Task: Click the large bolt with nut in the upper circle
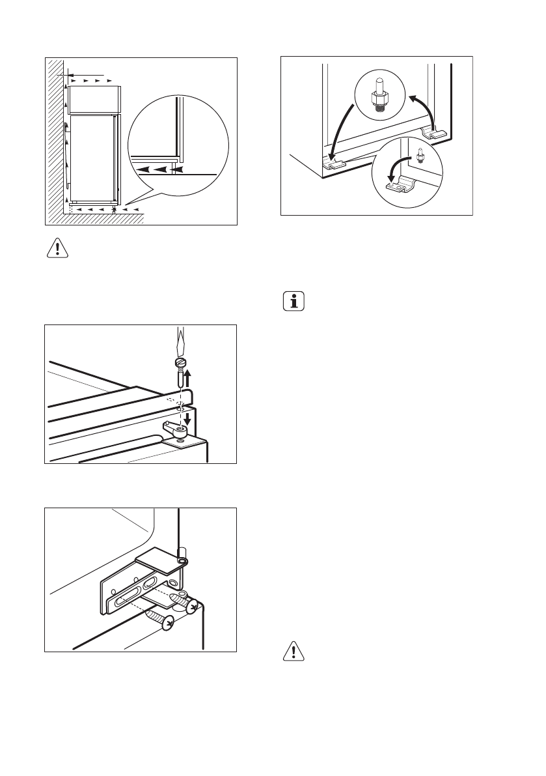point(378,98)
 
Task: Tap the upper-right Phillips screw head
point(192,605)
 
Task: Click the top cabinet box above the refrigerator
point(94,98)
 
